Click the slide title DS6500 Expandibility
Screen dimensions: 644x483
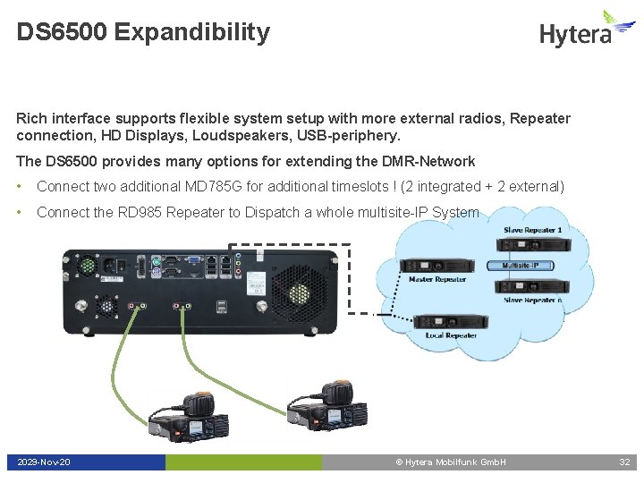click(x=142, y=33)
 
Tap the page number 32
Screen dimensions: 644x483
click(x=624, y=462)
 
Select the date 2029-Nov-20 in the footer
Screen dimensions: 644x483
click(x=44, y=462)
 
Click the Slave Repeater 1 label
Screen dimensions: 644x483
click(x=532, y=230)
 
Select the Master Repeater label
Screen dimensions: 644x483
click(x=437, y=279)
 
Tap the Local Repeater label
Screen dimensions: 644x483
click(x=451, y=335)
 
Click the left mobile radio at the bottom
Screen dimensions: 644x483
click(x=188, y=416)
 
